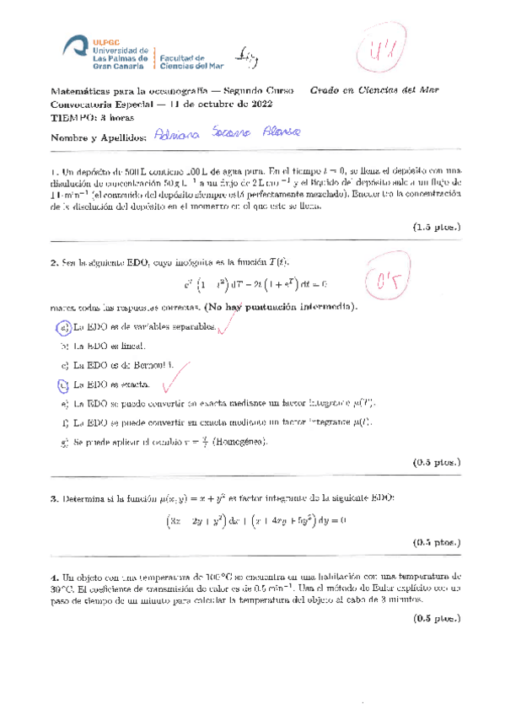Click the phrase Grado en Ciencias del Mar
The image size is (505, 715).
[373, 90]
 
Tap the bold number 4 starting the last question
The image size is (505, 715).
[53, 577]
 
